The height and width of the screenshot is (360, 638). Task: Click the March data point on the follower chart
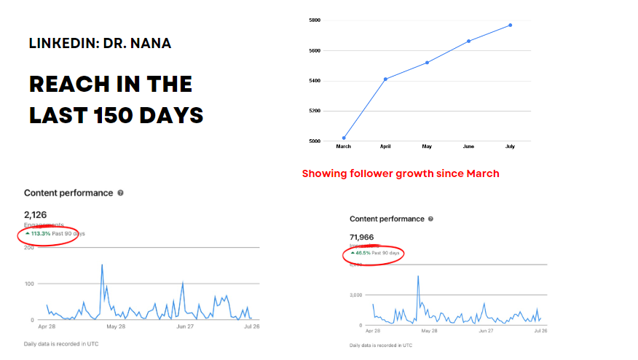coord(344,138)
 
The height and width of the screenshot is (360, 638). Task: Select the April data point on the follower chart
coord(385,79)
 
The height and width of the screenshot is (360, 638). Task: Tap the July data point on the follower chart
coord(511,25)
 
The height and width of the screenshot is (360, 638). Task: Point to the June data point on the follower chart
coord(468,41)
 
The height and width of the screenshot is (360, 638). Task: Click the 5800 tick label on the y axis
coord(315,20)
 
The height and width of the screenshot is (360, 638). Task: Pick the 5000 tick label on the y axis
coord(315,141)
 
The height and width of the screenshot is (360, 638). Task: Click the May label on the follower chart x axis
coord(427,146)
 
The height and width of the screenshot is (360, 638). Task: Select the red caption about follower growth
coord(401,174)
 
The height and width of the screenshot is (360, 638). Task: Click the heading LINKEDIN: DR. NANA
coord(101,44)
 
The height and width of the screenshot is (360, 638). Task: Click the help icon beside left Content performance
coord(120,193)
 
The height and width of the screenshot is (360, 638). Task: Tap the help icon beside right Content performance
coord(431,219)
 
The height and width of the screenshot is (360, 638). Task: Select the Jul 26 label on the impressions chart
coord(540,331)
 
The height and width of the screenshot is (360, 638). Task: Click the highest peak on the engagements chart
coord(102,265)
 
